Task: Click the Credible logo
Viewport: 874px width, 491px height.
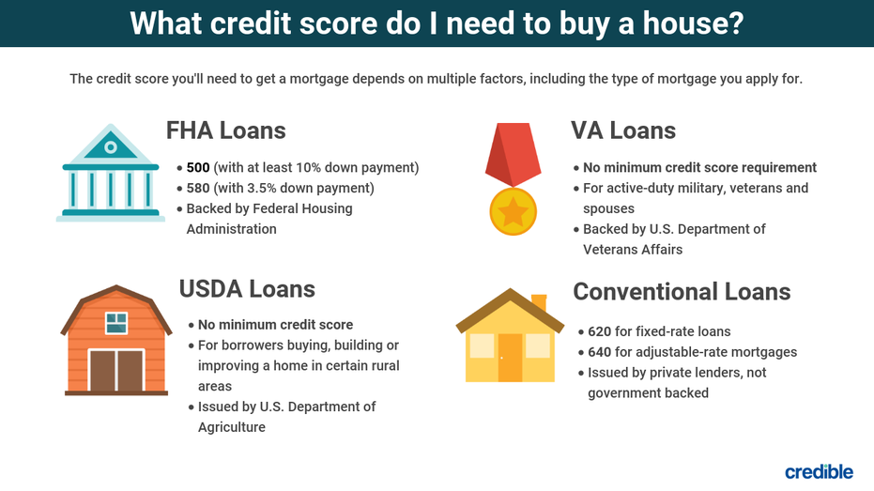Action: (819, 471)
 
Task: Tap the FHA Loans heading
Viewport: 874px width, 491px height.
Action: (225, 130)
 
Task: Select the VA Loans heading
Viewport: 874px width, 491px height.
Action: (623, 130)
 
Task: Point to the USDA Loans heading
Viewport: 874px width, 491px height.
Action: (247, 289)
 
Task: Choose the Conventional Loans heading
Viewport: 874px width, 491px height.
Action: (682, 291)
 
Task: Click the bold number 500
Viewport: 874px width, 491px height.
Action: (198, 168)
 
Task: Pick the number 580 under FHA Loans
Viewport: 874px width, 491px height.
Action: (198, 189)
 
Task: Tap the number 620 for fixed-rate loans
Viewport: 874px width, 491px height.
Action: (600, 331)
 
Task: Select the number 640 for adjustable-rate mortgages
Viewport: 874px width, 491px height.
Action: (600, 352)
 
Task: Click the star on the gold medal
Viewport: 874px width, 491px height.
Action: (513, 212)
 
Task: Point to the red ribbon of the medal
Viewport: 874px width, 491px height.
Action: (513, 154)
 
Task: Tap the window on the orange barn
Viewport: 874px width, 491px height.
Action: (116, 323)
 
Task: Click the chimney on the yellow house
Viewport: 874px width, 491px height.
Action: (539, 302)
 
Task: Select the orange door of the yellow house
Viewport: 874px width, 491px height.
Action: (510, 358)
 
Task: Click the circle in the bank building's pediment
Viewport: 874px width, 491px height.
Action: (111, 147)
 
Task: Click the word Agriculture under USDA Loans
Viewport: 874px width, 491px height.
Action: (232, 427)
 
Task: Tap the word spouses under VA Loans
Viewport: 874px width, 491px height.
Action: (608, 209)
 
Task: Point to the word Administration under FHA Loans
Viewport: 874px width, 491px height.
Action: (231, 229)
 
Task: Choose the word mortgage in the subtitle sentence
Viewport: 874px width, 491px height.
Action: (319, 79)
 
